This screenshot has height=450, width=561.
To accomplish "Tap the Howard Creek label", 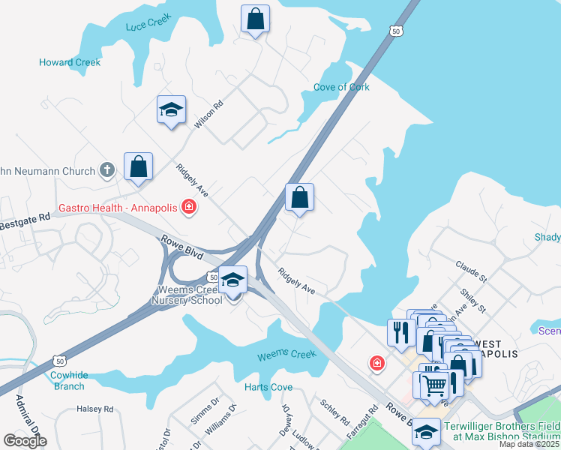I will pyautogui.click(x=70, y=62).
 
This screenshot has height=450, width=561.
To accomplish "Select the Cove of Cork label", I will pyautogui.click(x=341, y=87).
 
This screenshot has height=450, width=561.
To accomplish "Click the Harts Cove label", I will pyautogui.click(x=268, y=387).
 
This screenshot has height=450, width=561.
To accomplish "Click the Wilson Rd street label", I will pyautogui.click(x=209, y=115).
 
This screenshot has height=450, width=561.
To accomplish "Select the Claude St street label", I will pyautogui.click(x=471, y=271).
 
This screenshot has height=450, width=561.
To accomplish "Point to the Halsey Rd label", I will pyautogui.click(x=94, y=409).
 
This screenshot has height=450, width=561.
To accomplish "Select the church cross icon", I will pyautogui.click(x=107, y=170).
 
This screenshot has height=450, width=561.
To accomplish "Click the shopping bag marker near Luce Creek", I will pyautogui.click(x=255, y=19).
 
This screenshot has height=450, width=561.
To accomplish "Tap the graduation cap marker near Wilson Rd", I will pyautogui.click(x=171, y=110).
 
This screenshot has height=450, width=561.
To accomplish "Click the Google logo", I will pyautogui.click(x=25, y=440).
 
